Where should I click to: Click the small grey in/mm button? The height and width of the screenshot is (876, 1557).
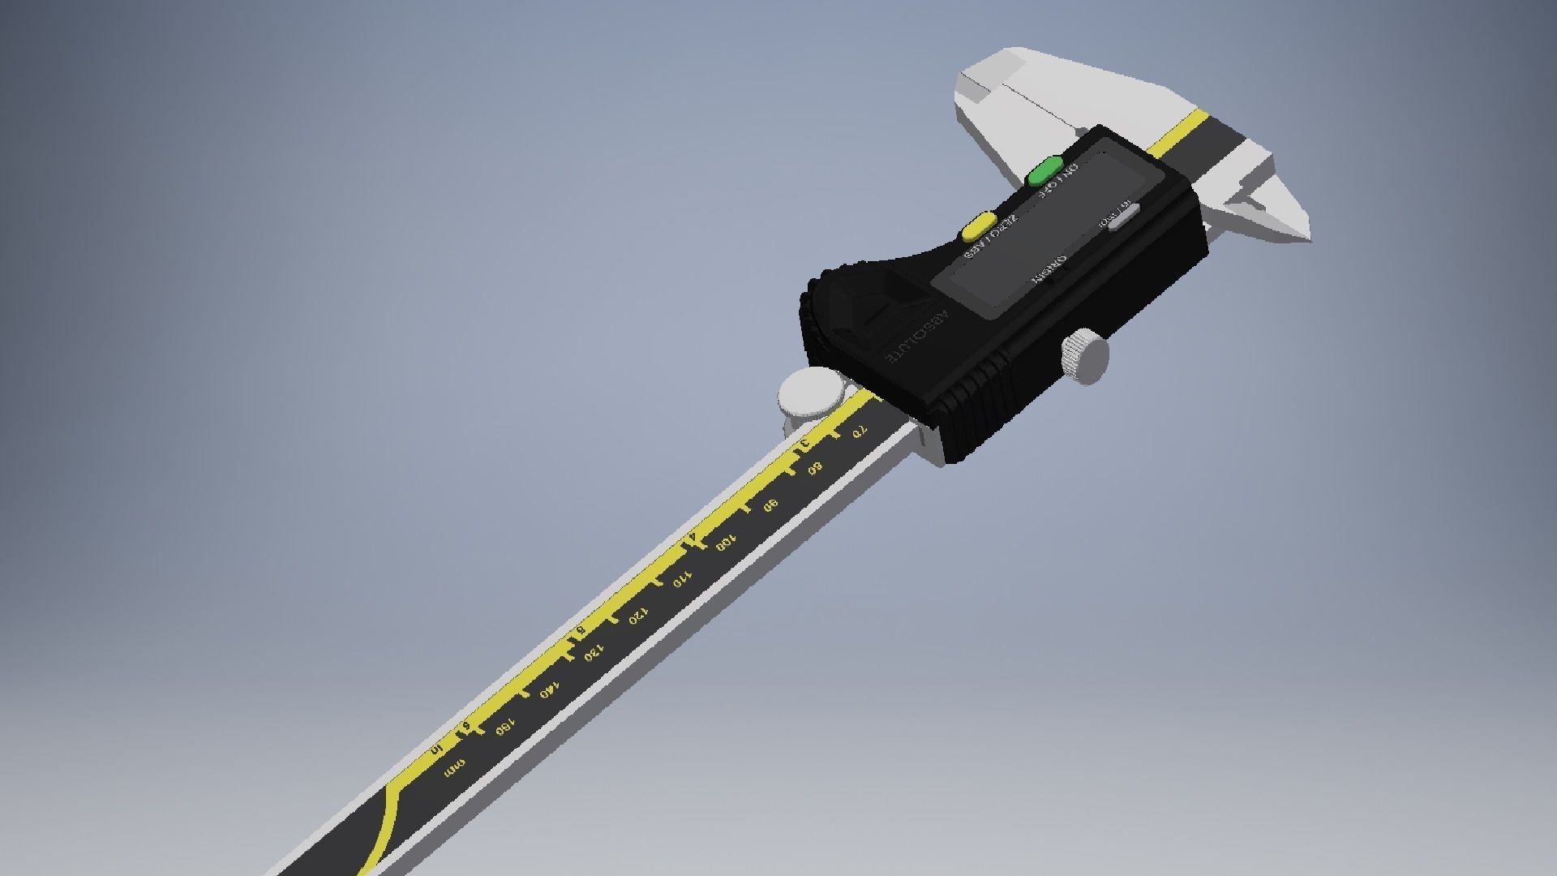(x=1124, y=216)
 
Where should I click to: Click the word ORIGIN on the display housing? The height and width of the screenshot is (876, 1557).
(x=1049, y=269)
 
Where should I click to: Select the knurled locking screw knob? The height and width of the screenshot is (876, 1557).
(x=1083, y=356)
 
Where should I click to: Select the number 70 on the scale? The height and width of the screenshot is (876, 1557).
(x=860, y=434)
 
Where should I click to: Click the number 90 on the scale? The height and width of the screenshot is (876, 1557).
(x=770, y=505)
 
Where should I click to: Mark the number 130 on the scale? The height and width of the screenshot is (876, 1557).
(x=594, y=653)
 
